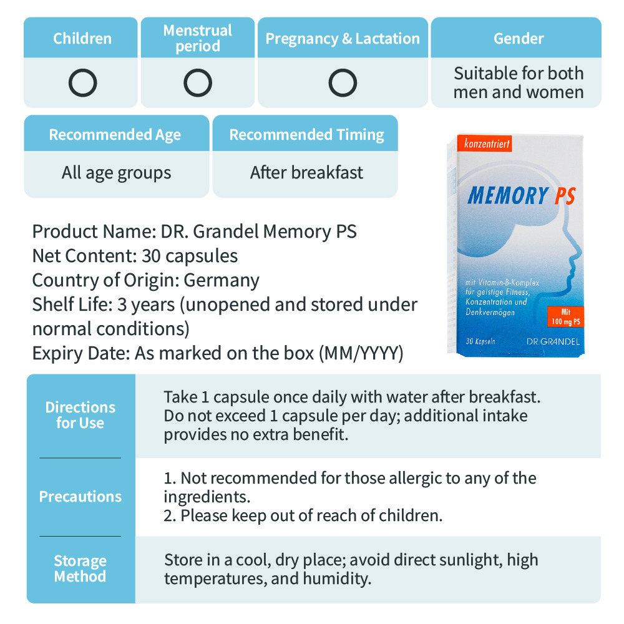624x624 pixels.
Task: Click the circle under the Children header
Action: click(82, 83)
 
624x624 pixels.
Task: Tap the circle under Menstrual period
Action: click(198, 83)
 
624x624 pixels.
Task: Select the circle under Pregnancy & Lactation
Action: click(343, 83)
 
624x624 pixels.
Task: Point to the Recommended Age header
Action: click(115, 134)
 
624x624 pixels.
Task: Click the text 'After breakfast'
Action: click(306, 172)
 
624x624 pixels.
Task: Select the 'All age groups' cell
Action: click(116, 172)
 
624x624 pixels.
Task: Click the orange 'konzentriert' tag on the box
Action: click(487, 144)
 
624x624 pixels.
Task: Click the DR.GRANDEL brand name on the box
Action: click(552, 341)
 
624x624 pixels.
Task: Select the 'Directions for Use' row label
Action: click(80, 415)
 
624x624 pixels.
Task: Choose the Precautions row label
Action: click(80, 497)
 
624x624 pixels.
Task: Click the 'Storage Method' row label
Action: click(80, 568)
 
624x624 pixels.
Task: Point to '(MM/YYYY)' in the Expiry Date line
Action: click(361, 354)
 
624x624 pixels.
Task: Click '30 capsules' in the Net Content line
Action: click(190, 256)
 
